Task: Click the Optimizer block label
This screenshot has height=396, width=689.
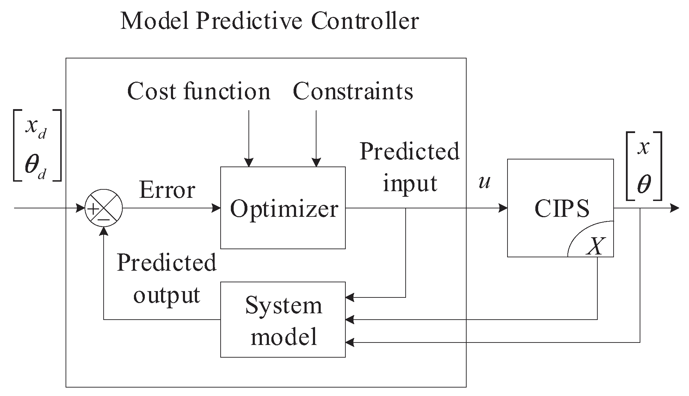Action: [x=284, y=209]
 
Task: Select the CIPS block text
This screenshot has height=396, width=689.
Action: [x=562, y=209]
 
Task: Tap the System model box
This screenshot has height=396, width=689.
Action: [x=283, y=320]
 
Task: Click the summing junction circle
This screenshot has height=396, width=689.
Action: [x=104, y=208]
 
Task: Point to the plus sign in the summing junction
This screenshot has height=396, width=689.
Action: [x=93, y=209]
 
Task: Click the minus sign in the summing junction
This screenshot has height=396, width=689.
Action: [x=104, y=219]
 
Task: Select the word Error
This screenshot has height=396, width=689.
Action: [x=167, y=190]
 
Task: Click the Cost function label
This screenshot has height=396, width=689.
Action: [x=198, y=92]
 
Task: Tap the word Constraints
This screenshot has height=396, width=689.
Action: [x=353, y=92]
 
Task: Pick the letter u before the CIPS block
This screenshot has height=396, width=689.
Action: [x=484, y=182]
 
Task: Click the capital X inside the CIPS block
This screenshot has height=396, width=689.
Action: [x=595, y=246]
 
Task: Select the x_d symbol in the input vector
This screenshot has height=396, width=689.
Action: [x=36, y=128]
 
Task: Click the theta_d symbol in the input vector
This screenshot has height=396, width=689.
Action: [x=35, y=165]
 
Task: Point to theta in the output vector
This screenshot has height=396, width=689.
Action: [x=644, y=184]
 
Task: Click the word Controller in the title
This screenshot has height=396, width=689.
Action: [x=365, y=21]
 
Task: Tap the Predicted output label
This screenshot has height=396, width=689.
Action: [x=166, y=278]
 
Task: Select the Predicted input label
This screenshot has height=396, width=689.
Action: [x=410, y=167]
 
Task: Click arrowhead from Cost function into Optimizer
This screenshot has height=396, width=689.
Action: [x=249, y=162]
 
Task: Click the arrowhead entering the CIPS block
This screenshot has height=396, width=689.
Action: [x=503, y=208]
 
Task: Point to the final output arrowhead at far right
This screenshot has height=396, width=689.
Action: [x=675, y=208]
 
